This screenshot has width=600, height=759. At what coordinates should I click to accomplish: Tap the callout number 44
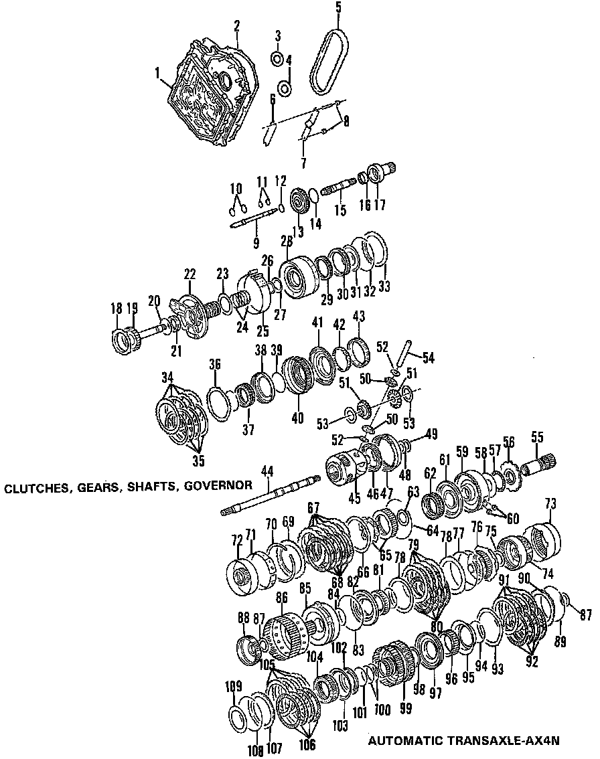tap(267, 471)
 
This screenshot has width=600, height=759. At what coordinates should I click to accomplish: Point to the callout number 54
tap(428, 358)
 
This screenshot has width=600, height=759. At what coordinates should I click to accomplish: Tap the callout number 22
tap(190, 273)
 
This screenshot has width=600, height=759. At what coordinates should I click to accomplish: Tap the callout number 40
tap(297, 420)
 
